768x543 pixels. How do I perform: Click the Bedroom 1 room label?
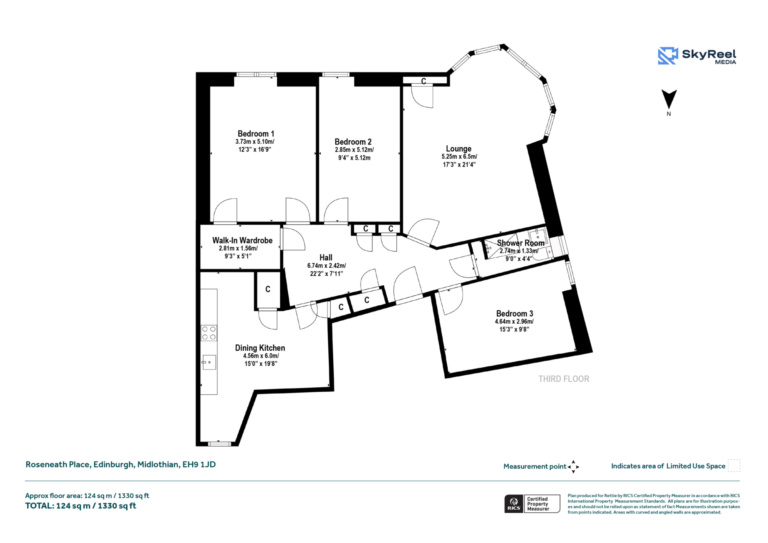click(x=256, y=134)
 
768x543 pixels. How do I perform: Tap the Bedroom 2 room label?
click(x=353, y=142)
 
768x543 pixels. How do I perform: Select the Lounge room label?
click(x=458, y=149)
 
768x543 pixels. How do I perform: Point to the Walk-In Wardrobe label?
click(x=242, y=240)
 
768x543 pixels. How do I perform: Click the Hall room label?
click(x=326, y=257)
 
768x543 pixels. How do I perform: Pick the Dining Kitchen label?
click(x=260, y=348)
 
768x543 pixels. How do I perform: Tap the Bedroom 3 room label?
click(x=515, y=313)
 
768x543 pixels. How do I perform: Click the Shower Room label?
click(x=521, y=243)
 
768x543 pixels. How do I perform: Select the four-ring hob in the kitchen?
click(x=209, y=333)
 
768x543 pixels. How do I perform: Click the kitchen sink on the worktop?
click(x=209, y=362)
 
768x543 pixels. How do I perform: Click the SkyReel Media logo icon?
click(x=668, y=56)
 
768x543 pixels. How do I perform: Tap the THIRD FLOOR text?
click(x=564, y=379)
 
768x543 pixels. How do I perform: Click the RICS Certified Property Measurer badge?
click(x=532, y=504)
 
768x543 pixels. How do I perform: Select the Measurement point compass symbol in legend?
click(x=573, y=467)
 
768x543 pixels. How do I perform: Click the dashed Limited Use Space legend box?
click(x=734, y=465)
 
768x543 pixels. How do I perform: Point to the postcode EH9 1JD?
click(x=199, y=465)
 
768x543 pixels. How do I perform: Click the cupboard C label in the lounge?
click(x=424, y=81)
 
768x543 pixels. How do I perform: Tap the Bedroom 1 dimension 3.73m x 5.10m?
click(x=255, y=142)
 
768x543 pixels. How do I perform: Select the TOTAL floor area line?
click(x=81, y=506)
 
